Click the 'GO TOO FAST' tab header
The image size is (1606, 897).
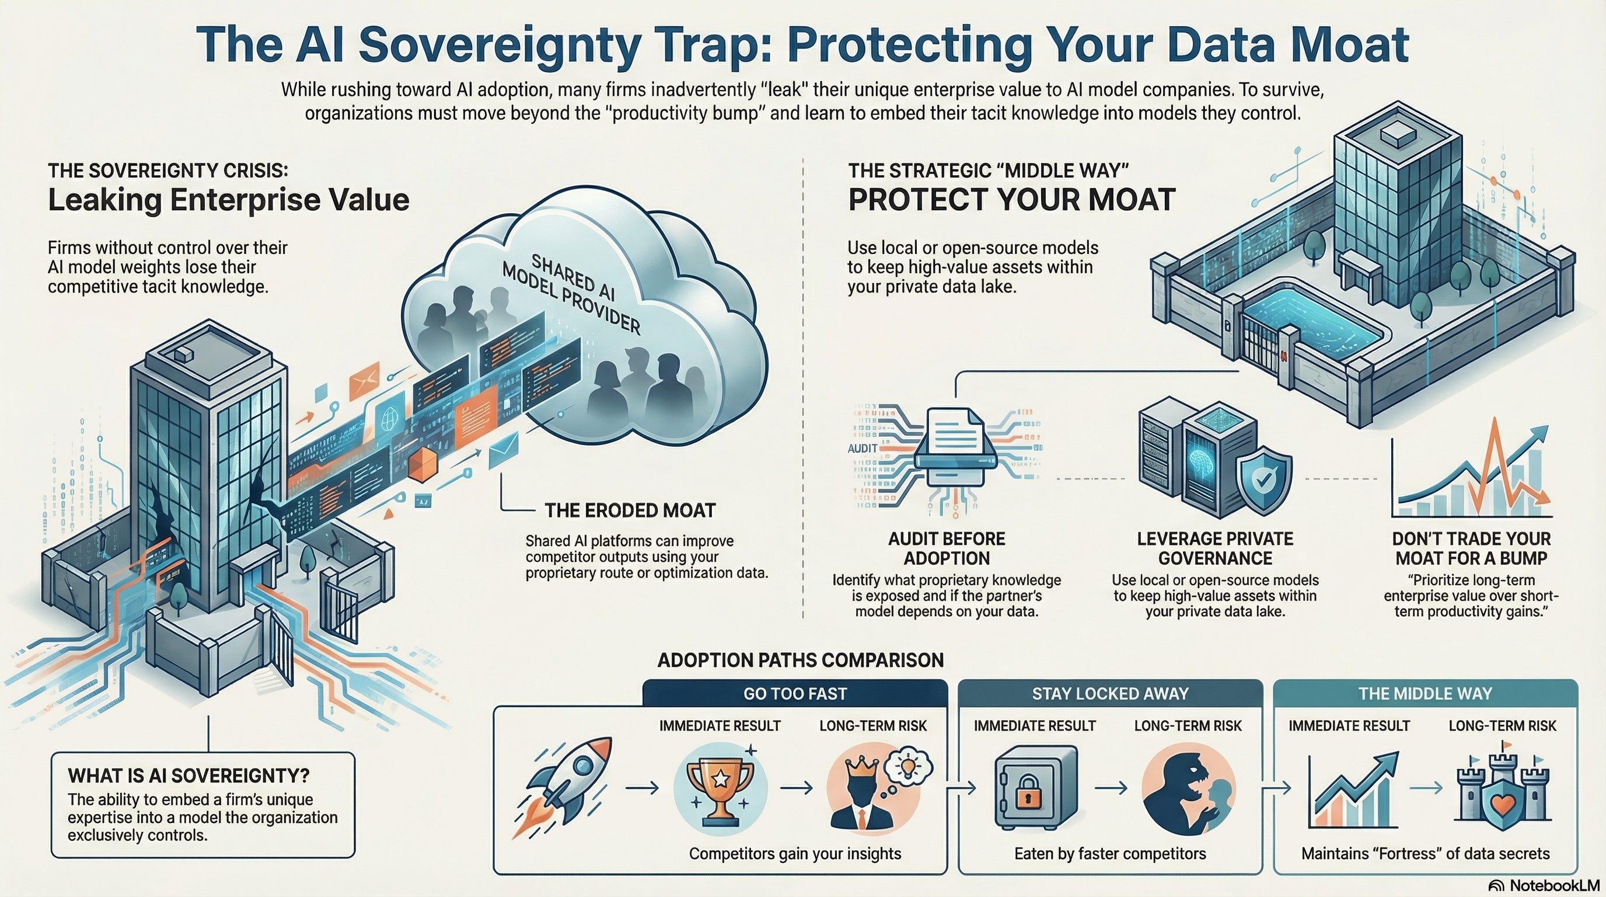(795, 694)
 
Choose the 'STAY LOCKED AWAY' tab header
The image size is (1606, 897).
(1110, 694)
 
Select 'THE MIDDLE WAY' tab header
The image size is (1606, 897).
(1425, 694)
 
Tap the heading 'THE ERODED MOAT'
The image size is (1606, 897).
(630, 511)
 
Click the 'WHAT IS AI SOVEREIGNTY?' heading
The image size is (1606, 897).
(188, 776)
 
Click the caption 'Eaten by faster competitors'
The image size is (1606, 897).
(1110, 853)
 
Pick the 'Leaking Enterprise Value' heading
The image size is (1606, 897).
(229, 200)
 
